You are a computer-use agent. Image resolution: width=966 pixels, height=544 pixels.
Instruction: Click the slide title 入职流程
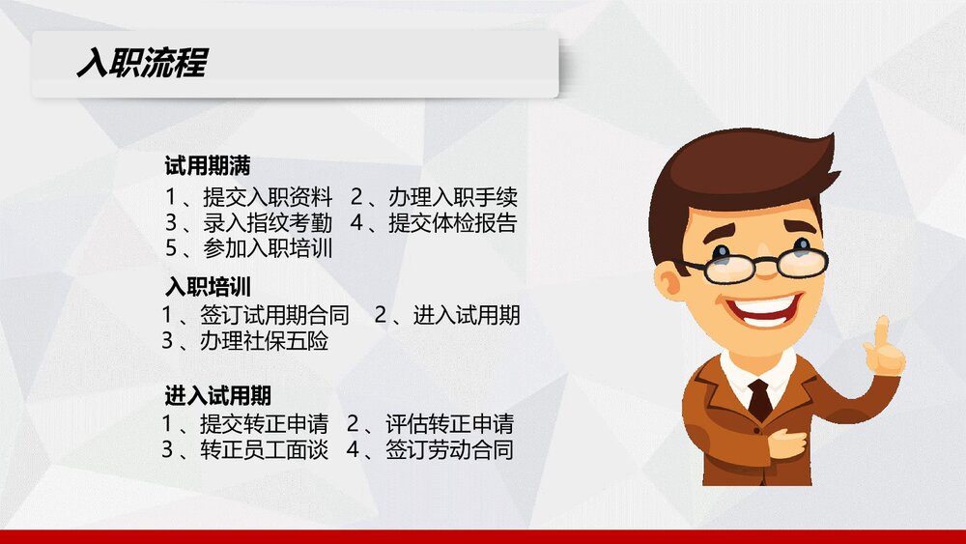click(x=141, y=65)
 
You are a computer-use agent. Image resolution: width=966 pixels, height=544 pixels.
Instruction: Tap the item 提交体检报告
click(x=453, y=223)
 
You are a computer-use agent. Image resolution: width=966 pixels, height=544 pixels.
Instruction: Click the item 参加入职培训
click(x=268, y=248)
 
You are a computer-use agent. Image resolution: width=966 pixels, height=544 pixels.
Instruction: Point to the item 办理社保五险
click(x=264, y=340)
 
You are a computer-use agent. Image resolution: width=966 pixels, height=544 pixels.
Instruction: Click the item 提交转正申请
click(x=264, y=424)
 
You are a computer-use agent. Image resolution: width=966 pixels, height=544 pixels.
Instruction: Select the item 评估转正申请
click(x=449, y=424)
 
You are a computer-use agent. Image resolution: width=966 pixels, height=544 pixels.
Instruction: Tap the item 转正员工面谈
click(x=264, y=449)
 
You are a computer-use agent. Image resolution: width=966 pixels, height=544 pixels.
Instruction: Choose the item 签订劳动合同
click(x=449, y=449)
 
